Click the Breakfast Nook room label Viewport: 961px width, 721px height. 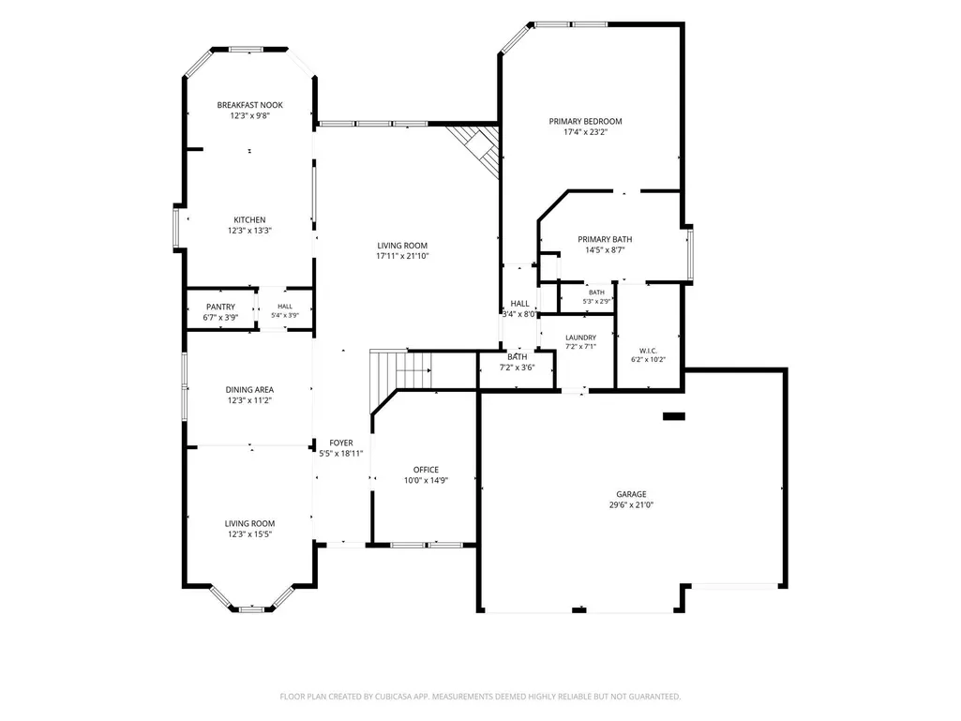[x=249, y=105]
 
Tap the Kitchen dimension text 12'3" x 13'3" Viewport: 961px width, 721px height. [x=249, y=231]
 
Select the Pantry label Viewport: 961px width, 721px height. [x=220, y=307]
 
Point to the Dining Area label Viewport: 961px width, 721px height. [x=249, y=389]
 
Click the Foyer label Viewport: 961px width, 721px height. [x=340, y=443]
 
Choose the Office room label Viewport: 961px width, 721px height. [x=426, y=470]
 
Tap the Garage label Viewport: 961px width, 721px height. [x=631, y=494]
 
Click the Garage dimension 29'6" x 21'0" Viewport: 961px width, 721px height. [x=631, y=505]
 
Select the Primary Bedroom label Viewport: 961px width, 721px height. [x=585, y=121]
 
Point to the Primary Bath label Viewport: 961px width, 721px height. [x=605, y=239]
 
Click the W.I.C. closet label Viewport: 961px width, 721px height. [x=649, y=351]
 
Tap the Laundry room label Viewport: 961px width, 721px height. [x=580, y=338]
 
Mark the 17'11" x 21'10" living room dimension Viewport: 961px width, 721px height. [x=402, y=256]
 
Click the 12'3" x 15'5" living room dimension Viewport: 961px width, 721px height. [x=249, y=534]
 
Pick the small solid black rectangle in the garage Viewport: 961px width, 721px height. [x=673, y=416]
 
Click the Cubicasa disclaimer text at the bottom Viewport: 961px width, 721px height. [x=480, y=697]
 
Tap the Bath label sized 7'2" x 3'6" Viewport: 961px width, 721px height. [x=518, y=357]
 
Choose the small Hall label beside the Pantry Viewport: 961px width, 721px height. [x=285, y=307]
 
